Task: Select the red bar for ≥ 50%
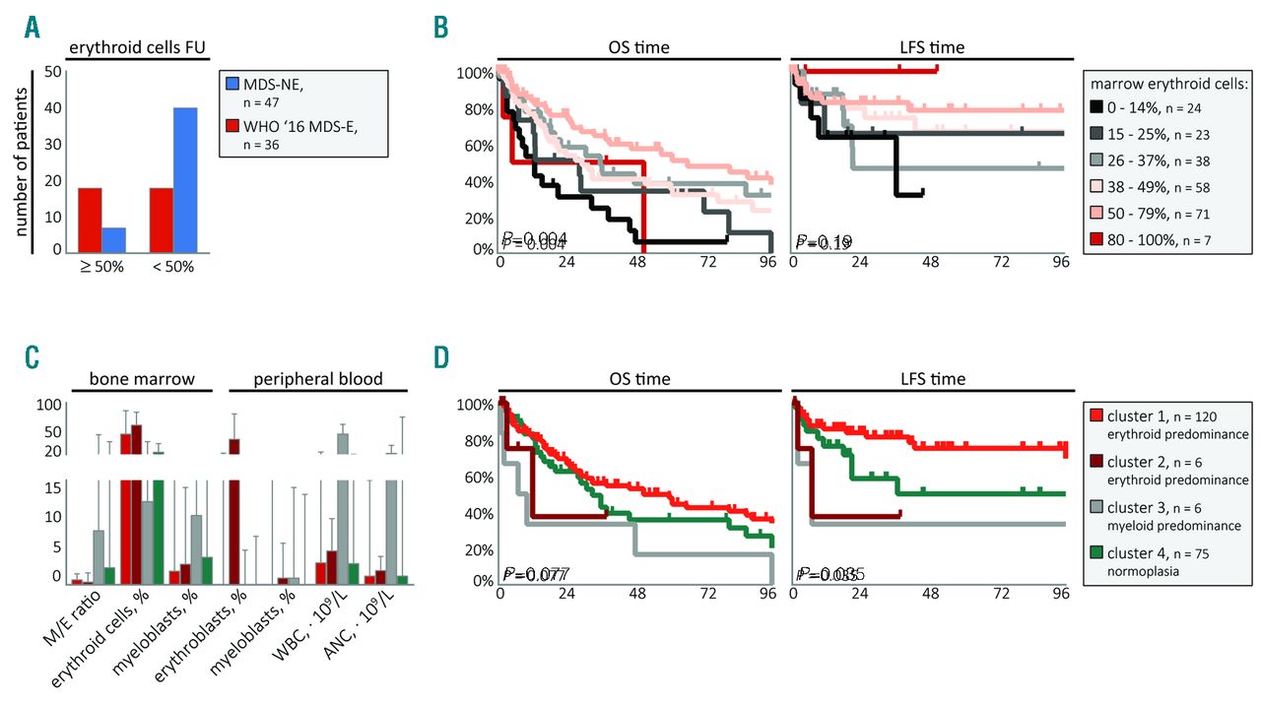(x=90, y=218)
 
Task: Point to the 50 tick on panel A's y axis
(x=53, y=72)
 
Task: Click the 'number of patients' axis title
(x=21, y=161)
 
